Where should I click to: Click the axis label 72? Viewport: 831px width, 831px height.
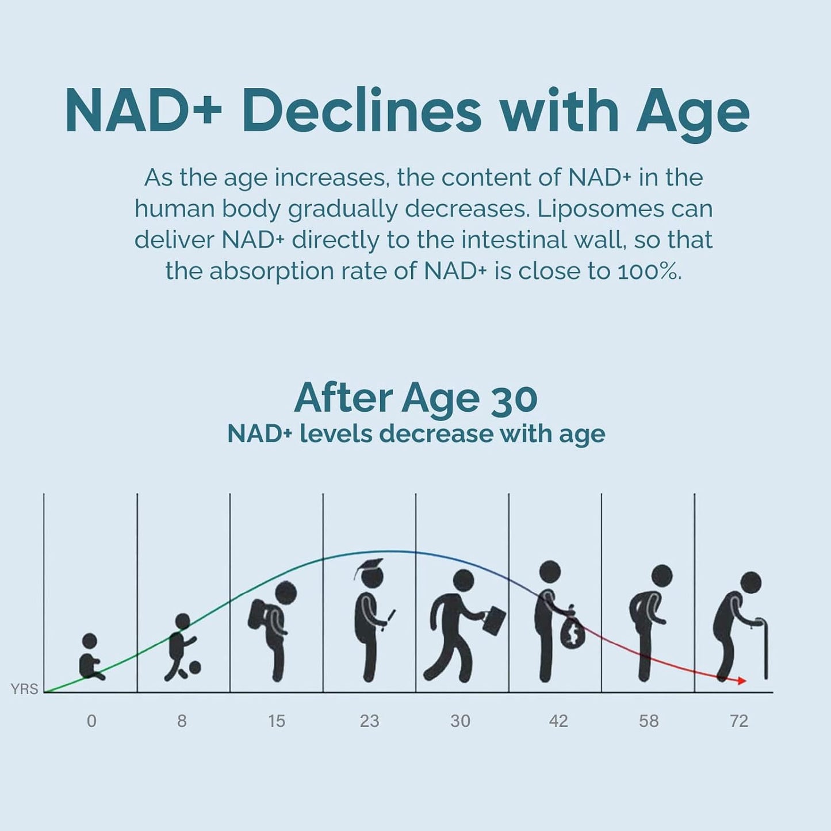click(738, 721)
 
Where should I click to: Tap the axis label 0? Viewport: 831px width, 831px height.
click(91, 721)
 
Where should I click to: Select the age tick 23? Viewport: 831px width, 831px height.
click(369, 721)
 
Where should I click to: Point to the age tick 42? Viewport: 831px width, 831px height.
click(558, 721)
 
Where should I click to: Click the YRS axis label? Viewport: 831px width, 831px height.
click(24, 689)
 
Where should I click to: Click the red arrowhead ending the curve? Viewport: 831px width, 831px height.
click(742, 681)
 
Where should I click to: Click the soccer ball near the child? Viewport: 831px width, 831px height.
click(195, 668)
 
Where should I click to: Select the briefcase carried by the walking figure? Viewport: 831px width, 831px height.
click(494, 620)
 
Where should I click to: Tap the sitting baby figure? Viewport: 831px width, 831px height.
click(90, 658)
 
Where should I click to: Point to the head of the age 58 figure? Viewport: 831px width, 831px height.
click(662, 576)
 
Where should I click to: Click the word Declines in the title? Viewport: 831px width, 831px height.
click(361, 112)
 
